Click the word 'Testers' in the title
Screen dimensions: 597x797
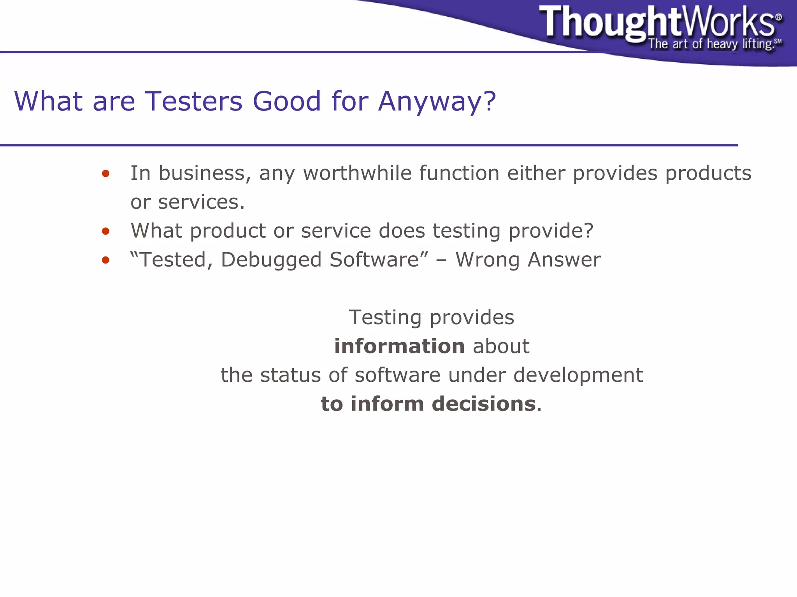pos(193,101)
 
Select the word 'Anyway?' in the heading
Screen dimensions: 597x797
pos(437,101)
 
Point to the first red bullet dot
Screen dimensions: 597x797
pos(105,174)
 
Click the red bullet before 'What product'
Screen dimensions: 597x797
pos(105,232)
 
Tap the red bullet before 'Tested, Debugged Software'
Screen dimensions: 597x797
pos(105,260)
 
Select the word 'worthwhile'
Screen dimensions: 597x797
pos(357,173)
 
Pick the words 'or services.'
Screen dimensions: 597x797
pos(188,202)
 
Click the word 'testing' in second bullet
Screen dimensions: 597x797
pos(466,231)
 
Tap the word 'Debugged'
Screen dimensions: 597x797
pos(271,260)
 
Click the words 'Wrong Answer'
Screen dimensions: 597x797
pos(528,260)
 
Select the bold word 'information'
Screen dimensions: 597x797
pos(399,346)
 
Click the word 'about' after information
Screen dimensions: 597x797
pos(501,346)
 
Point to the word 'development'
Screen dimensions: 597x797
pos(578,375)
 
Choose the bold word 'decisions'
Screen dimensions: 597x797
pos(484,404)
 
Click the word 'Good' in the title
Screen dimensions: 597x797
pos(287,101)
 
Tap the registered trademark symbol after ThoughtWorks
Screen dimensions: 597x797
pos(778,17)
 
